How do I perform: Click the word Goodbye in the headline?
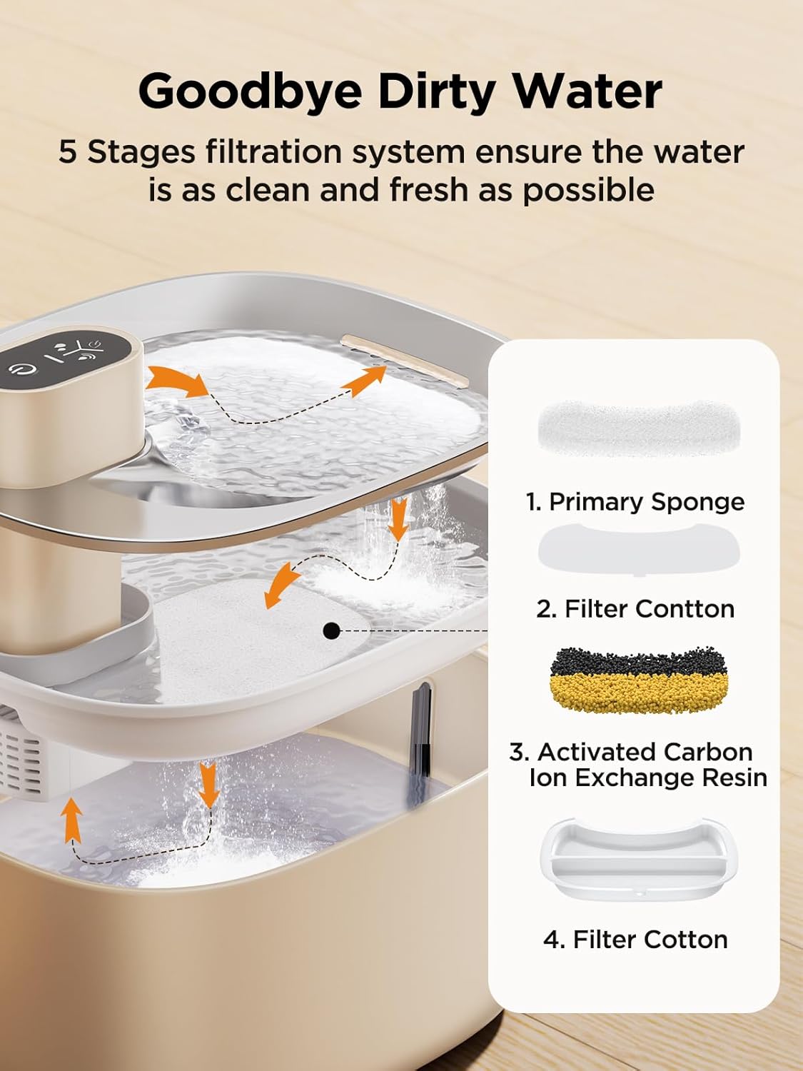pos(250,91)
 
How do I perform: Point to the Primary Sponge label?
pos(635,502)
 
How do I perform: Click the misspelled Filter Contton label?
pos(635,609)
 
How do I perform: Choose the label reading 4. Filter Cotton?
pos(635,939)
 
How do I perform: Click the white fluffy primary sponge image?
pos(638,431)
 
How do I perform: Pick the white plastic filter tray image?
pos(638,860)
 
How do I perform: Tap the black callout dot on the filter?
pos(330,631)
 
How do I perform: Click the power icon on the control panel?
pos(16,368)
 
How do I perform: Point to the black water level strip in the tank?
pos(421,728)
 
